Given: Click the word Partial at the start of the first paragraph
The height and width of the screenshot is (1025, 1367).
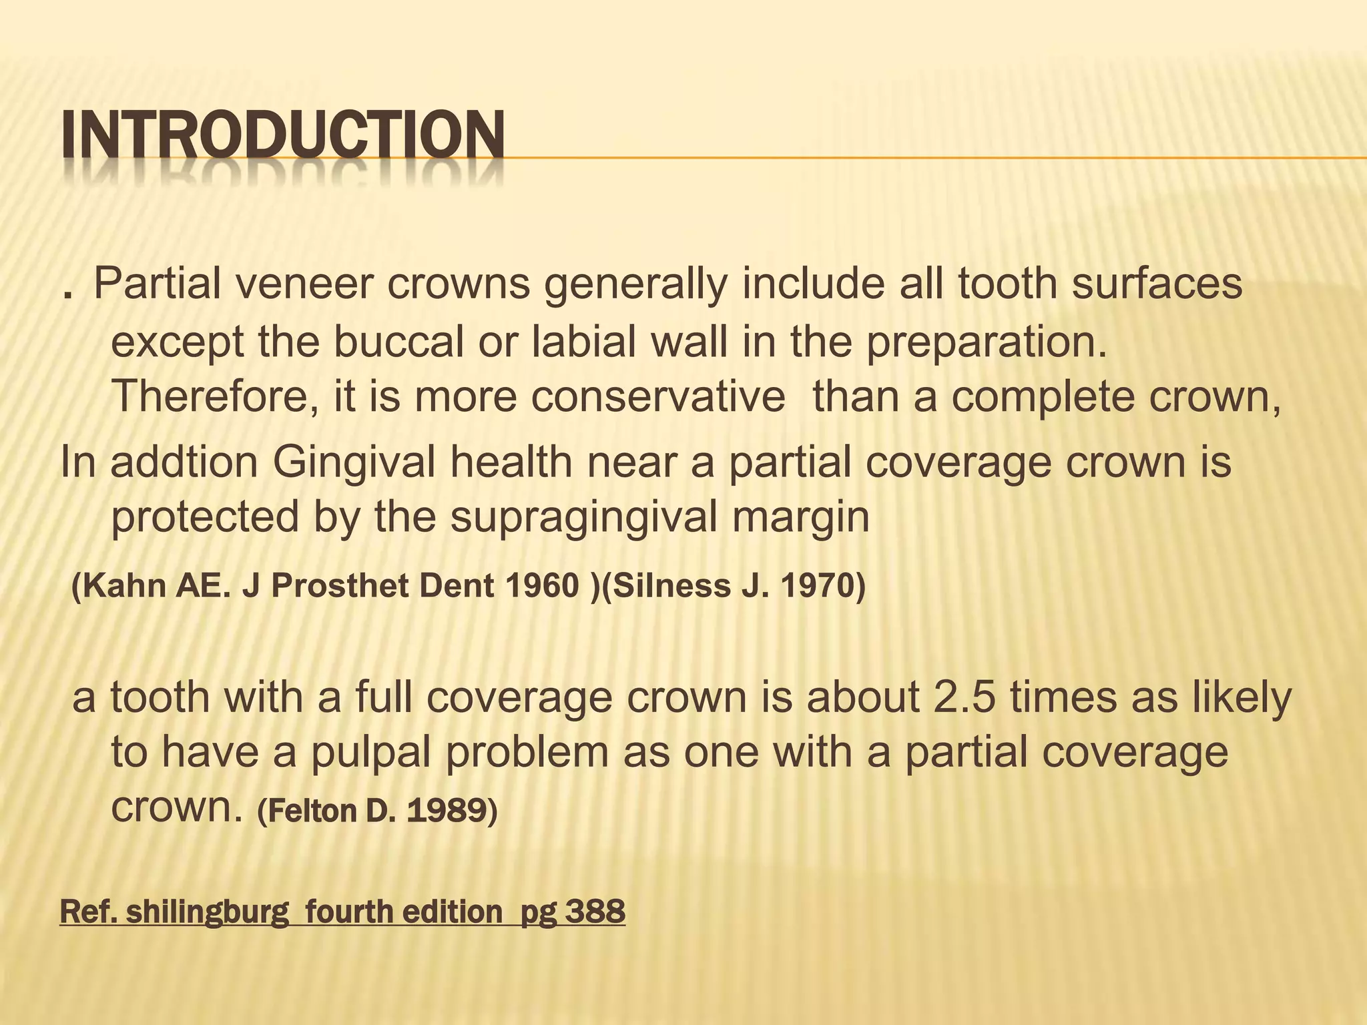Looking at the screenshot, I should tap(158, 284).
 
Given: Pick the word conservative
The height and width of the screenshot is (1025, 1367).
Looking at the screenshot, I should tap(658, 396).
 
